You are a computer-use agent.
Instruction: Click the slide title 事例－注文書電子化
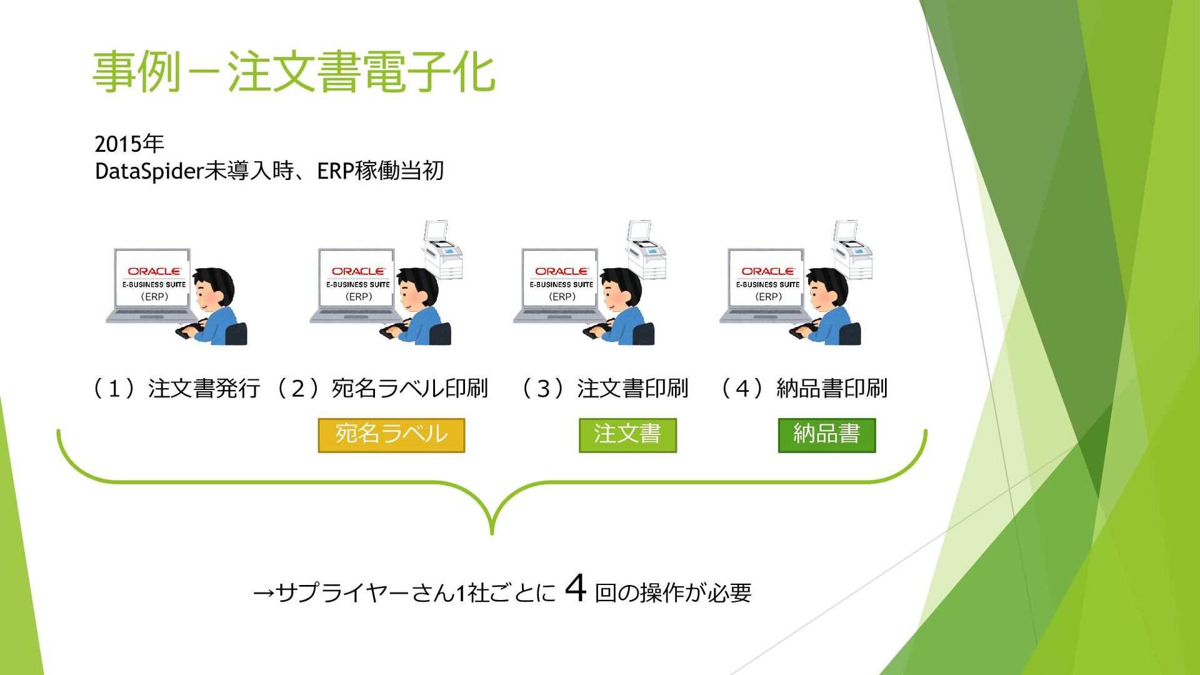[294, 72]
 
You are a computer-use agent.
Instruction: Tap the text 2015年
[129, 144]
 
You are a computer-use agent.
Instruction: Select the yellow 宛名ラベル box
[391, 434]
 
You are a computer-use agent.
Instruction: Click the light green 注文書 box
[627, 434]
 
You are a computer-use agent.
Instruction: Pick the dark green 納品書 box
[826, 434]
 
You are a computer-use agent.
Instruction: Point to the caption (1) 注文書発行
[177, 388]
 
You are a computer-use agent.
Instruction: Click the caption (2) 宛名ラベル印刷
[382, 388]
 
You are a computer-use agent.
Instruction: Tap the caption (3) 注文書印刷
[604, 388]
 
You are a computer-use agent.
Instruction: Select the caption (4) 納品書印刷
[804, 388]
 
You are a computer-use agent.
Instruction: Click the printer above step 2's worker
[442, 249]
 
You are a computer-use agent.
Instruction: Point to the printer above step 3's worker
[647, 249]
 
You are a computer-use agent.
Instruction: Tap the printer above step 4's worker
[852, 249]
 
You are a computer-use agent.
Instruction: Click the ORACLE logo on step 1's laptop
[154, 271]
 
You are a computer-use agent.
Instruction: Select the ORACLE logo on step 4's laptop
[767, 271]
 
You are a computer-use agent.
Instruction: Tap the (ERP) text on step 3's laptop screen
[562, 297]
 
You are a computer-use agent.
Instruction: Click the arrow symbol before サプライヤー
[263, 592]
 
